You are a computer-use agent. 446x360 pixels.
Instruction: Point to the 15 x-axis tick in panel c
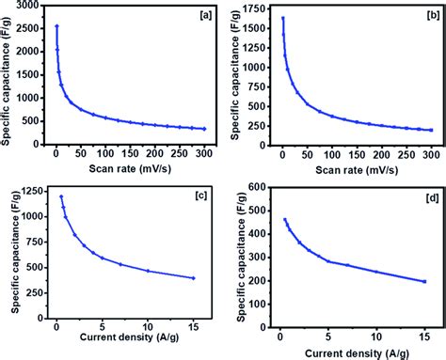pyautogui.click(x=192, y=327)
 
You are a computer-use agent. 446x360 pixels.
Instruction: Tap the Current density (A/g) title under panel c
pyautogui.click(x=125, y=339)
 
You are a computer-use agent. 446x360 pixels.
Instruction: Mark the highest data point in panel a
pyautogui.click(x=56, y=26)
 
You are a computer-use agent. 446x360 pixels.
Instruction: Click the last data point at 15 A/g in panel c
pyautogui.click(x=192, y=277)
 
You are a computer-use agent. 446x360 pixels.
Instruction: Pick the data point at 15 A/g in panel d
pyautogui.click(x=423, y=281)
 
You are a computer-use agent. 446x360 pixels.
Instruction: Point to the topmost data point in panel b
pyautogui.click(x=282, y=18)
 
